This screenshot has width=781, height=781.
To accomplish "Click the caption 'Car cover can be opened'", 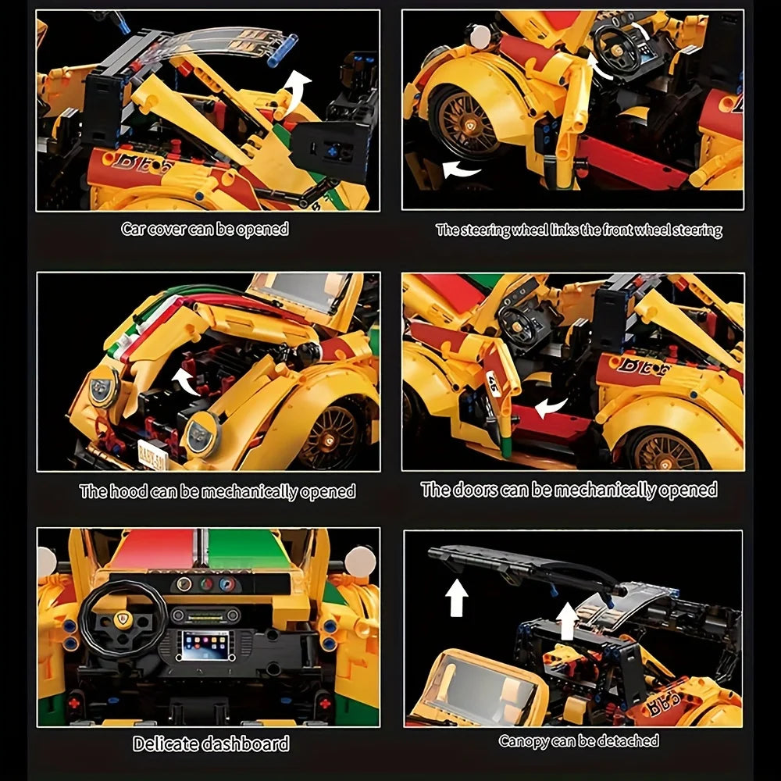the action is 205,229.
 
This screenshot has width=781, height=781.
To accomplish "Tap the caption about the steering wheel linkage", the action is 579,230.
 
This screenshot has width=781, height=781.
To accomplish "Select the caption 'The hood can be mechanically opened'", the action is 217,491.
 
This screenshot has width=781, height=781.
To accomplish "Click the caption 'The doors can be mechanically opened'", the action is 569,490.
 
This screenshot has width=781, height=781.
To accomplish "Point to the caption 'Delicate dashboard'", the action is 211,744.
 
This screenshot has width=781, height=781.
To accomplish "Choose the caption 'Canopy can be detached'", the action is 578,740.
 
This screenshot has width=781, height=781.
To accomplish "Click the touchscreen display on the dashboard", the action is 205,645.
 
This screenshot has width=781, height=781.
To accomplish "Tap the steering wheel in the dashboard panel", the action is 123,619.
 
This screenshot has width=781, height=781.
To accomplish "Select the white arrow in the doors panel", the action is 551,408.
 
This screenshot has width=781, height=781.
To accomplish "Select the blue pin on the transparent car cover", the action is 283,50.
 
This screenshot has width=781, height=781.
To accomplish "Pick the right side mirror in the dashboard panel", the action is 360,562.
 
